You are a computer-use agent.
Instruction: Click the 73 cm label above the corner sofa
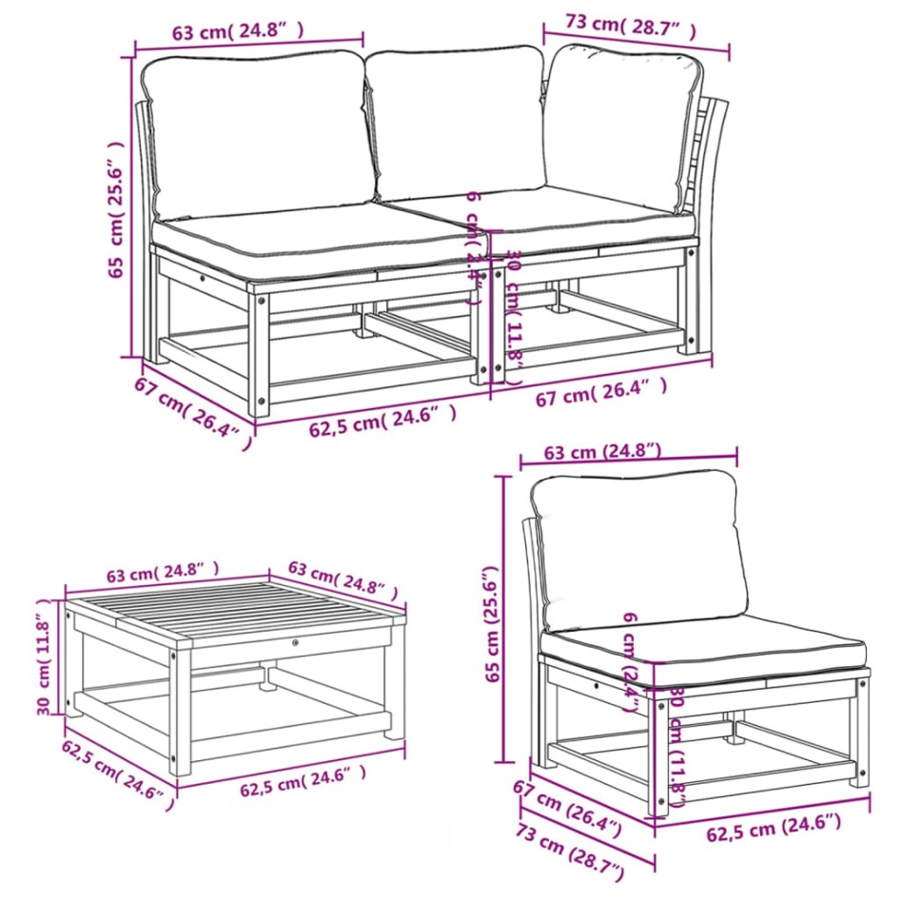tap(619, 25)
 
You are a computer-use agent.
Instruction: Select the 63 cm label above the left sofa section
tap(238, 31)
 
